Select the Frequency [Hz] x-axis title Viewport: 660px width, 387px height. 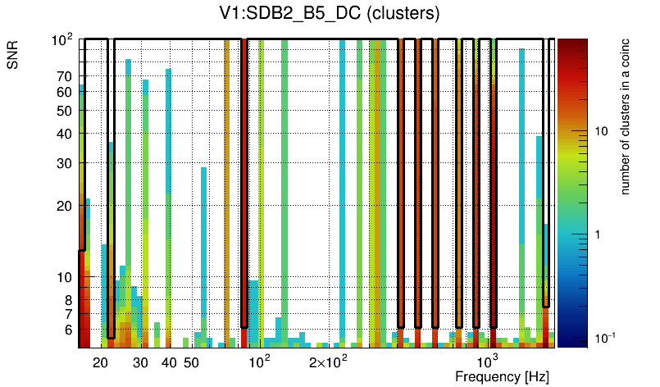(x=502, y=376)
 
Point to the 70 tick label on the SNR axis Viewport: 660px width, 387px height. (x=64, y=75)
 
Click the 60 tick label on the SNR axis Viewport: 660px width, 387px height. (x=64, y=92)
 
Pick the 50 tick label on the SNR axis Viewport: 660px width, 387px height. (x=64, y=111)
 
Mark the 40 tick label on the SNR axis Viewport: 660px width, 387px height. (x=64, y=134)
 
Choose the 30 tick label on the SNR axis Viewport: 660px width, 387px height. (x=64, y=163)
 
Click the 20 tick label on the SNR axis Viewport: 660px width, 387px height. (x=64, y=206)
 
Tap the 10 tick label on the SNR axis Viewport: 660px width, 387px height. (x=64, y=278)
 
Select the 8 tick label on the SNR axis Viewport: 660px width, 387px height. (x=67, y=300)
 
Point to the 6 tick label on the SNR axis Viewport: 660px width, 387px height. (x=67, y=330)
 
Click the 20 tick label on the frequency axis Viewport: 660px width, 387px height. (x=101, y=362)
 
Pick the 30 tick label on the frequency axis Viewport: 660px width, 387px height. (x=140, y=362)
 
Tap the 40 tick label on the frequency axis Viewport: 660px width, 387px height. (x=169, y=362)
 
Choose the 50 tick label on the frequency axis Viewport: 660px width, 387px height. (x=191, y=362)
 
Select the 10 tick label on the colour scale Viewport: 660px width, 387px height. (x=600, y=131)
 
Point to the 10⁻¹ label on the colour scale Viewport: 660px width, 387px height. (x=603, y=338)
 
